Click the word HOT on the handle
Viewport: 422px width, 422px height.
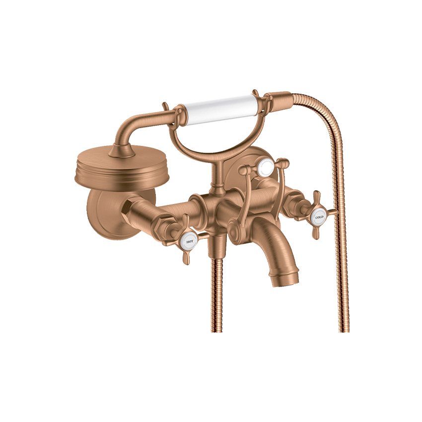[190, 242]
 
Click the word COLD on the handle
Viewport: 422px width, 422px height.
[319, 217]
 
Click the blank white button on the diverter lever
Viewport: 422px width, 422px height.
[266, 165]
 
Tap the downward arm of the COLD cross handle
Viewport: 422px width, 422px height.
[315, 231]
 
